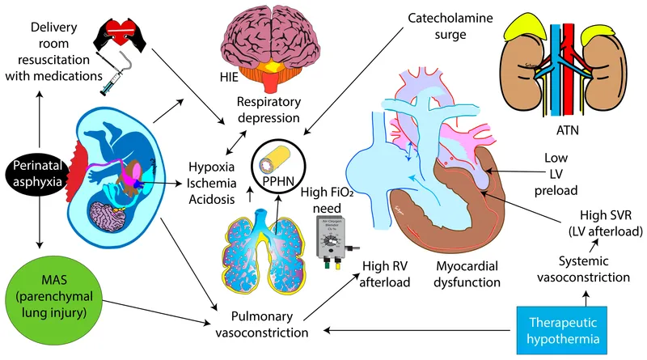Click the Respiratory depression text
[x=269, y=111]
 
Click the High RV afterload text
[x=383, y=274]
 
